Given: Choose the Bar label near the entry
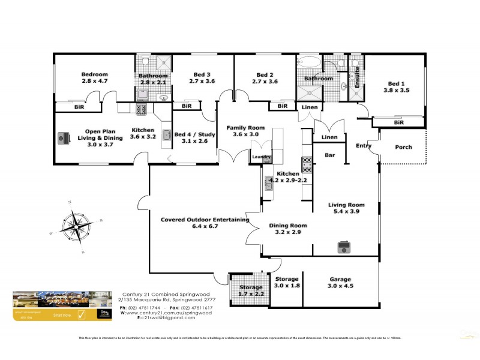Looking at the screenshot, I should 329,155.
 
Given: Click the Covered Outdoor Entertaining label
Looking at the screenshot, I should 205,223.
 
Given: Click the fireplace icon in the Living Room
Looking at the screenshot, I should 344,247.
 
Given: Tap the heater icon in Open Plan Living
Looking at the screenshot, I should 63,138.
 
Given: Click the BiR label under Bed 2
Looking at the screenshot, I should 281,106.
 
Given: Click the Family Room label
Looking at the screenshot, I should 245,131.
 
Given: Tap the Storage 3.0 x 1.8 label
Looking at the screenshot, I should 286,283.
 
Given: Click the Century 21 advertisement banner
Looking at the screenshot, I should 63,307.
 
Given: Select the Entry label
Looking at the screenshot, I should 364,145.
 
